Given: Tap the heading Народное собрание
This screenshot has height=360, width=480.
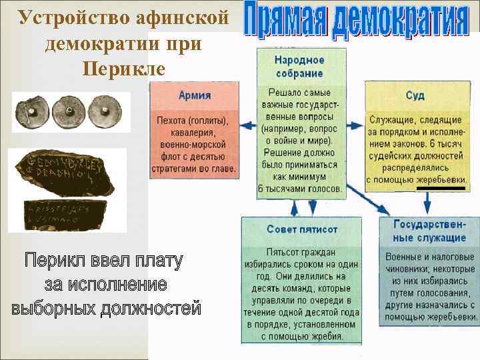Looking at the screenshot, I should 299,67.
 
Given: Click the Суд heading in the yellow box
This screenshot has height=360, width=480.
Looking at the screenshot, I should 415,95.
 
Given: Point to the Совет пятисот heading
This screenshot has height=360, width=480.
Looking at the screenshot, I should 302,229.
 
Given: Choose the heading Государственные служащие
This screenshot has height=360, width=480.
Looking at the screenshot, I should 430,230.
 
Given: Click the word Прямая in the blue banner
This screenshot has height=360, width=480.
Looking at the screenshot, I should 279,24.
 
